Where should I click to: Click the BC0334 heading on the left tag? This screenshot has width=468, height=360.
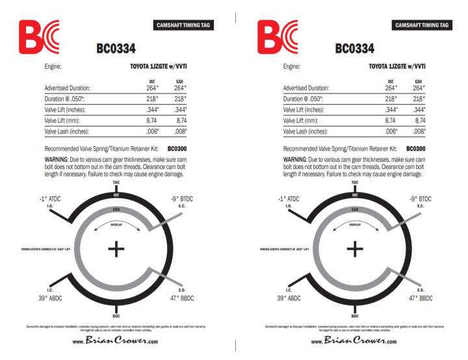pyautogui.click(x=116, y=49)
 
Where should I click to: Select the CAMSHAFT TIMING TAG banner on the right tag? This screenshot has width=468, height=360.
pyautogui.click(x=422, y=25)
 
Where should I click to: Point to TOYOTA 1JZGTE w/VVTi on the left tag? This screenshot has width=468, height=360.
pyautogui.click(x=154, y=66)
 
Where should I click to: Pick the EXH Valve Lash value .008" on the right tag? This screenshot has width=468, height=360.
pyautogui.click(x=419, y=131)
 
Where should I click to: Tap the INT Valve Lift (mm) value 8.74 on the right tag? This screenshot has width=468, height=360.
pyautogui.click(x=391, y=120)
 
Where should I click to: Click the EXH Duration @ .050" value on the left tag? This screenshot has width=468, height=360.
pyautogui.click(x=180, y=99)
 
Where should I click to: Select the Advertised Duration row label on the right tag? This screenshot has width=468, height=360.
pyautogui.click(x=305, y=88)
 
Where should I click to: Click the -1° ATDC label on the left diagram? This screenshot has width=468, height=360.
pyautogui.click(x=51, y=198)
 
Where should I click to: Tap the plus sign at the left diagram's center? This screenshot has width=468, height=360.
pyautogui.click(x=116, y=248)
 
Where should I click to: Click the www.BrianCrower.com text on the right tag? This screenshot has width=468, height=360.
pyautogui.click(x=354, y=341)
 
